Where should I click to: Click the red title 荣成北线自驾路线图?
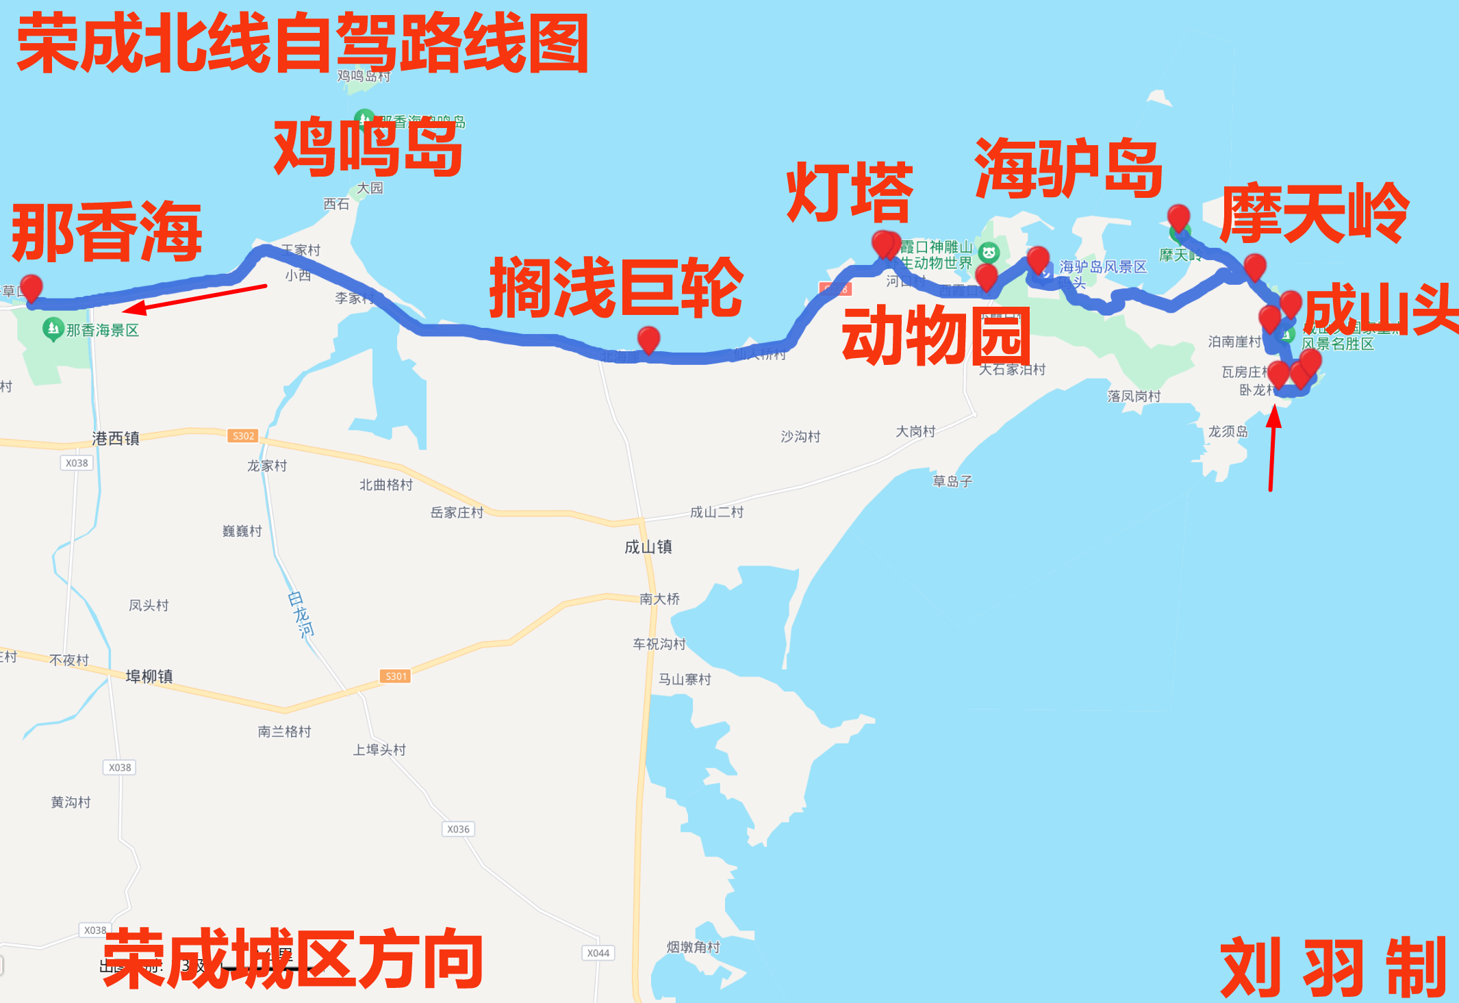tap(303, 44)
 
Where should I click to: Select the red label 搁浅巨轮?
tap(616, 288)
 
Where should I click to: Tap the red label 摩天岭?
tap(1314, 214)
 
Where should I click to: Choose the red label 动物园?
tap(936, 335)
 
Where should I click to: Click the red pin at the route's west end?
tap(31, 288)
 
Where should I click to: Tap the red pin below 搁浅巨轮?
tap(648, 340)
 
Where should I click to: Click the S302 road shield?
tap(243, 435)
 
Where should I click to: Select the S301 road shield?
tap(396, 676)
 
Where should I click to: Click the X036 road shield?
tap(458, 829)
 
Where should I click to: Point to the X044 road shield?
tap(598, 953)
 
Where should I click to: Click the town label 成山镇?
tap(648, 546)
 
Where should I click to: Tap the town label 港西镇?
tap(116, 438)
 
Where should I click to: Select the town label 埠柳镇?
tap(149, 676)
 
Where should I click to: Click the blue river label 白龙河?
tap(301, 614)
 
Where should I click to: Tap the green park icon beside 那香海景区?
tap(53, 329)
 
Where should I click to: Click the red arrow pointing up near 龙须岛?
tap(1273, 448)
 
